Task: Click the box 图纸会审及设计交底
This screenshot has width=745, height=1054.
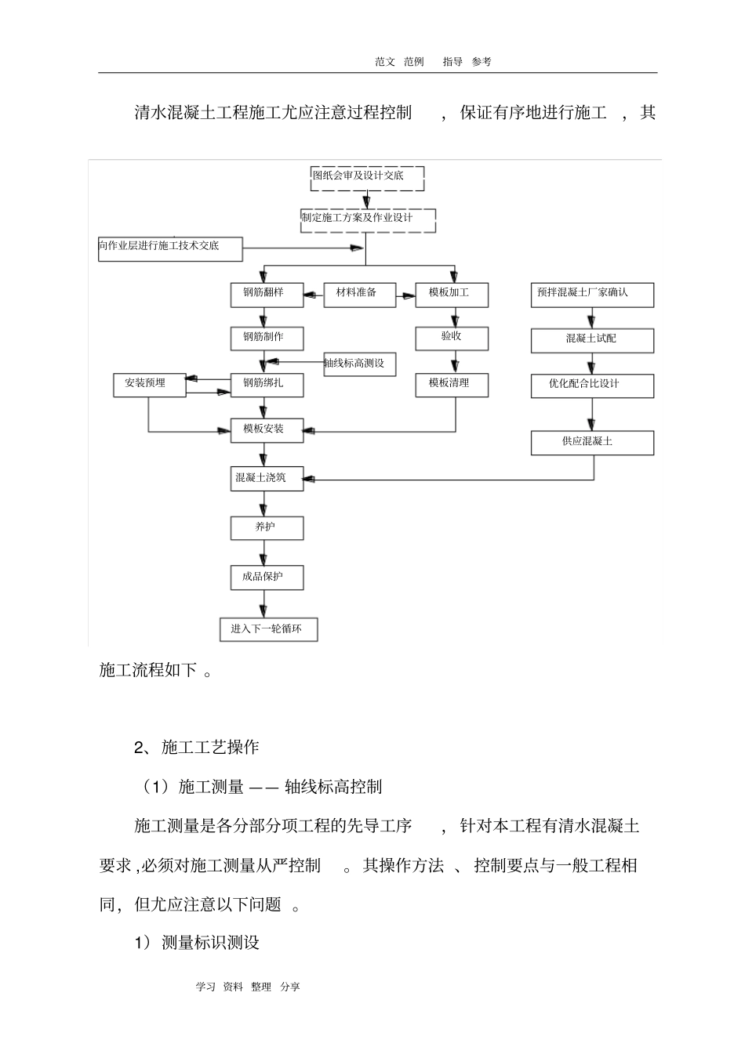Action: [x=368, y=178]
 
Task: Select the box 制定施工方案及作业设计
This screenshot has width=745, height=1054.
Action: [x=368, y=219]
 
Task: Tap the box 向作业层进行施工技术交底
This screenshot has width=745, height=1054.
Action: [x=170, y=248]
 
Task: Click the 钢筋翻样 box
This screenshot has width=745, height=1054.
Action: [x=267, y=295]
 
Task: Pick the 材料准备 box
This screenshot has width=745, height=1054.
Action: [x=359, y=295]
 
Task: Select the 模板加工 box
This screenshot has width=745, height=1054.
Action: [x=452, y=295]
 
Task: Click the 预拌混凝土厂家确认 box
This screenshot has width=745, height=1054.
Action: [x=591, y=295]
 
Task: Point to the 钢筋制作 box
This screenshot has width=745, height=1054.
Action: [x=267, y=339]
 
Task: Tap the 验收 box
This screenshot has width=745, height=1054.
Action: [x=452, y=338]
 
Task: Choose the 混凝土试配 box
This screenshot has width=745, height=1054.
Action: [x=591, y=340]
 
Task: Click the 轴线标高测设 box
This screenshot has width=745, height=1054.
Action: [x=359, y=364]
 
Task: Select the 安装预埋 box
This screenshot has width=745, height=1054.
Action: [x=150, y=384]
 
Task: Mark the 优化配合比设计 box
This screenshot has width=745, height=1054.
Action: [x=591, y=386]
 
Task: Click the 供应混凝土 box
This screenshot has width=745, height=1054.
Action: [x=591, y=443]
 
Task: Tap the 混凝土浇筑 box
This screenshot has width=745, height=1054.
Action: [x=267, y=479]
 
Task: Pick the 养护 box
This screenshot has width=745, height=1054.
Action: [x=267, y=528]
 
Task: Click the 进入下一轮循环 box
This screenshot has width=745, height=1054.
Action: [x=268, y=630]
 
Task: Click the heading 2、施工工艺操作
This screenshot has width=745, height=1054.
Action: [x=196, y=747]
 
